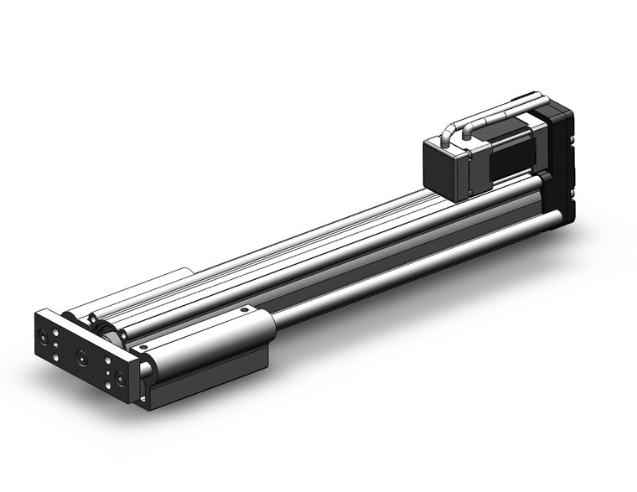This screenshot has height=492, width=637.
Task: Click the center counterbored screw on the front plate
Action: tap(81, 358)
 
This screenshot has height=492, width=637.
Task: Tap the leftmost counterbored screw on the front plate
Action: tap(43, 339)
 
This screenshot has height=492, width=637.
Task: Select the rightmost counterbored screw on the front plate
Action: tap(123, 379)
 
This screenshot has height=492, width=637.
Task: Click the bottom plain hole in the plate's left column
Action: tap(55, 357)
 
